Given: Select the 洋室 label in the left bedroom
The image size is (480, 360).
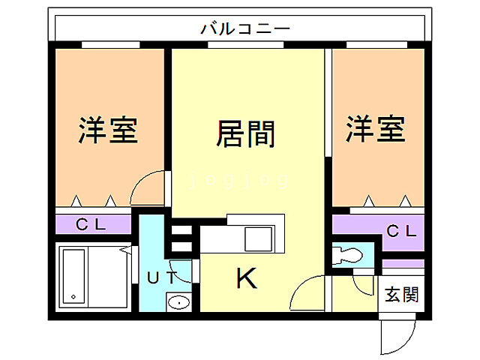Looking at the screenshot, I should point(108,130).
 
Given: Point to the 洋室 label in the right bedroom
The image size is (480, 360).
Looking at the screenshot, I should point(375,129).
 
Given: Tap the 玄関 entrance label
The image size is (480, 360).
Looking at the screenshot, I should point(401,295).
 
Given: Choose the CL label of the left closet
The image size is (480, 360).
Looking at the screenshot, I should point(93,224).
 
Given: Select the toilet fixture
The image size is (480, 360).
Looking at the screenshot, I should point(347,254).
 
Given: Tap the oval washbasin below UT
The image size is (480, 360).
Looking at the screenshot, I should point(178,302).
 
